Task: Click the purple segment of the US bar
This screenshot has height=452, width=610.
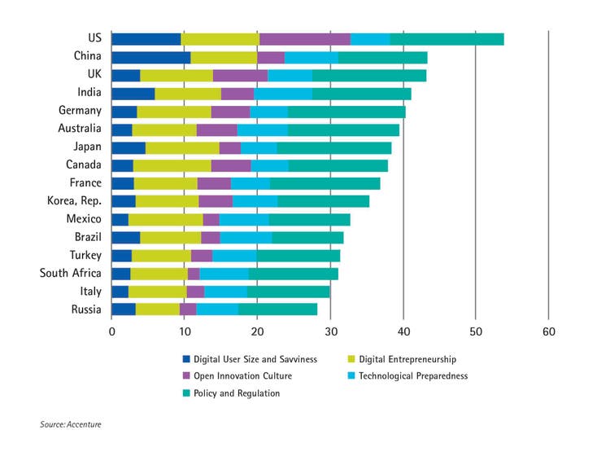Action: point(305,39)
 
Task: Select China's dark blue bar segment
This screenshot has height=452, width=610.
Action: point(151,57)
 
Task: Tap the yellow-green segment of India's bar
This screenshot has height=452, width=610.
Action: point(188,93)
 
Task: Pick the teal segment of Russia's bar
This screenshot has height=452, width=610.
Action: point(277,309)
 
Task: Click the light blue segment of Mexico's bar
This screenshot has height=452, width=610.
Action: point(244,219)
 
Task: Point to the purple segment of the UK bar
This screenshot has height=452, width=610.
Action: point(240,75)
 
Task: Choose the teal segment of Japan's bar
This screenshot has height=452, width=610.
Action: point(334,147)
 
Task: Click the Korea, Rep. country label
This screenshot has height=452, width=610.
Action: point(75,201)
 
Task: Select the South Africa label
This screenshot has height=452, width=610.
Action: point(71,273)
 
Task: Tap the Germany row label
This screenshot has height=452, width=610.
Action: point(80,111)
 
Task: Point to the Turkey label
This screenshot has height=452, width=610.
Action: point(84,255)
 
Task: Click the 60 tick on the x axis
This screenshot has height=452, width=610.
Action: point(549,332)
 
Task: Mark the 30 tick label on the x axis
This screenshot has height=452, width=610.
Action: point(330,332)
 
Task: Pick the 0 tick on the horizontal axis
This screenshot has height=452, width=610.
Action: point(112,332)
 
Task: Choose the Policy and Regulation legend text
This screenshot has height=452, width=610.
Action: point(237,393)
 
